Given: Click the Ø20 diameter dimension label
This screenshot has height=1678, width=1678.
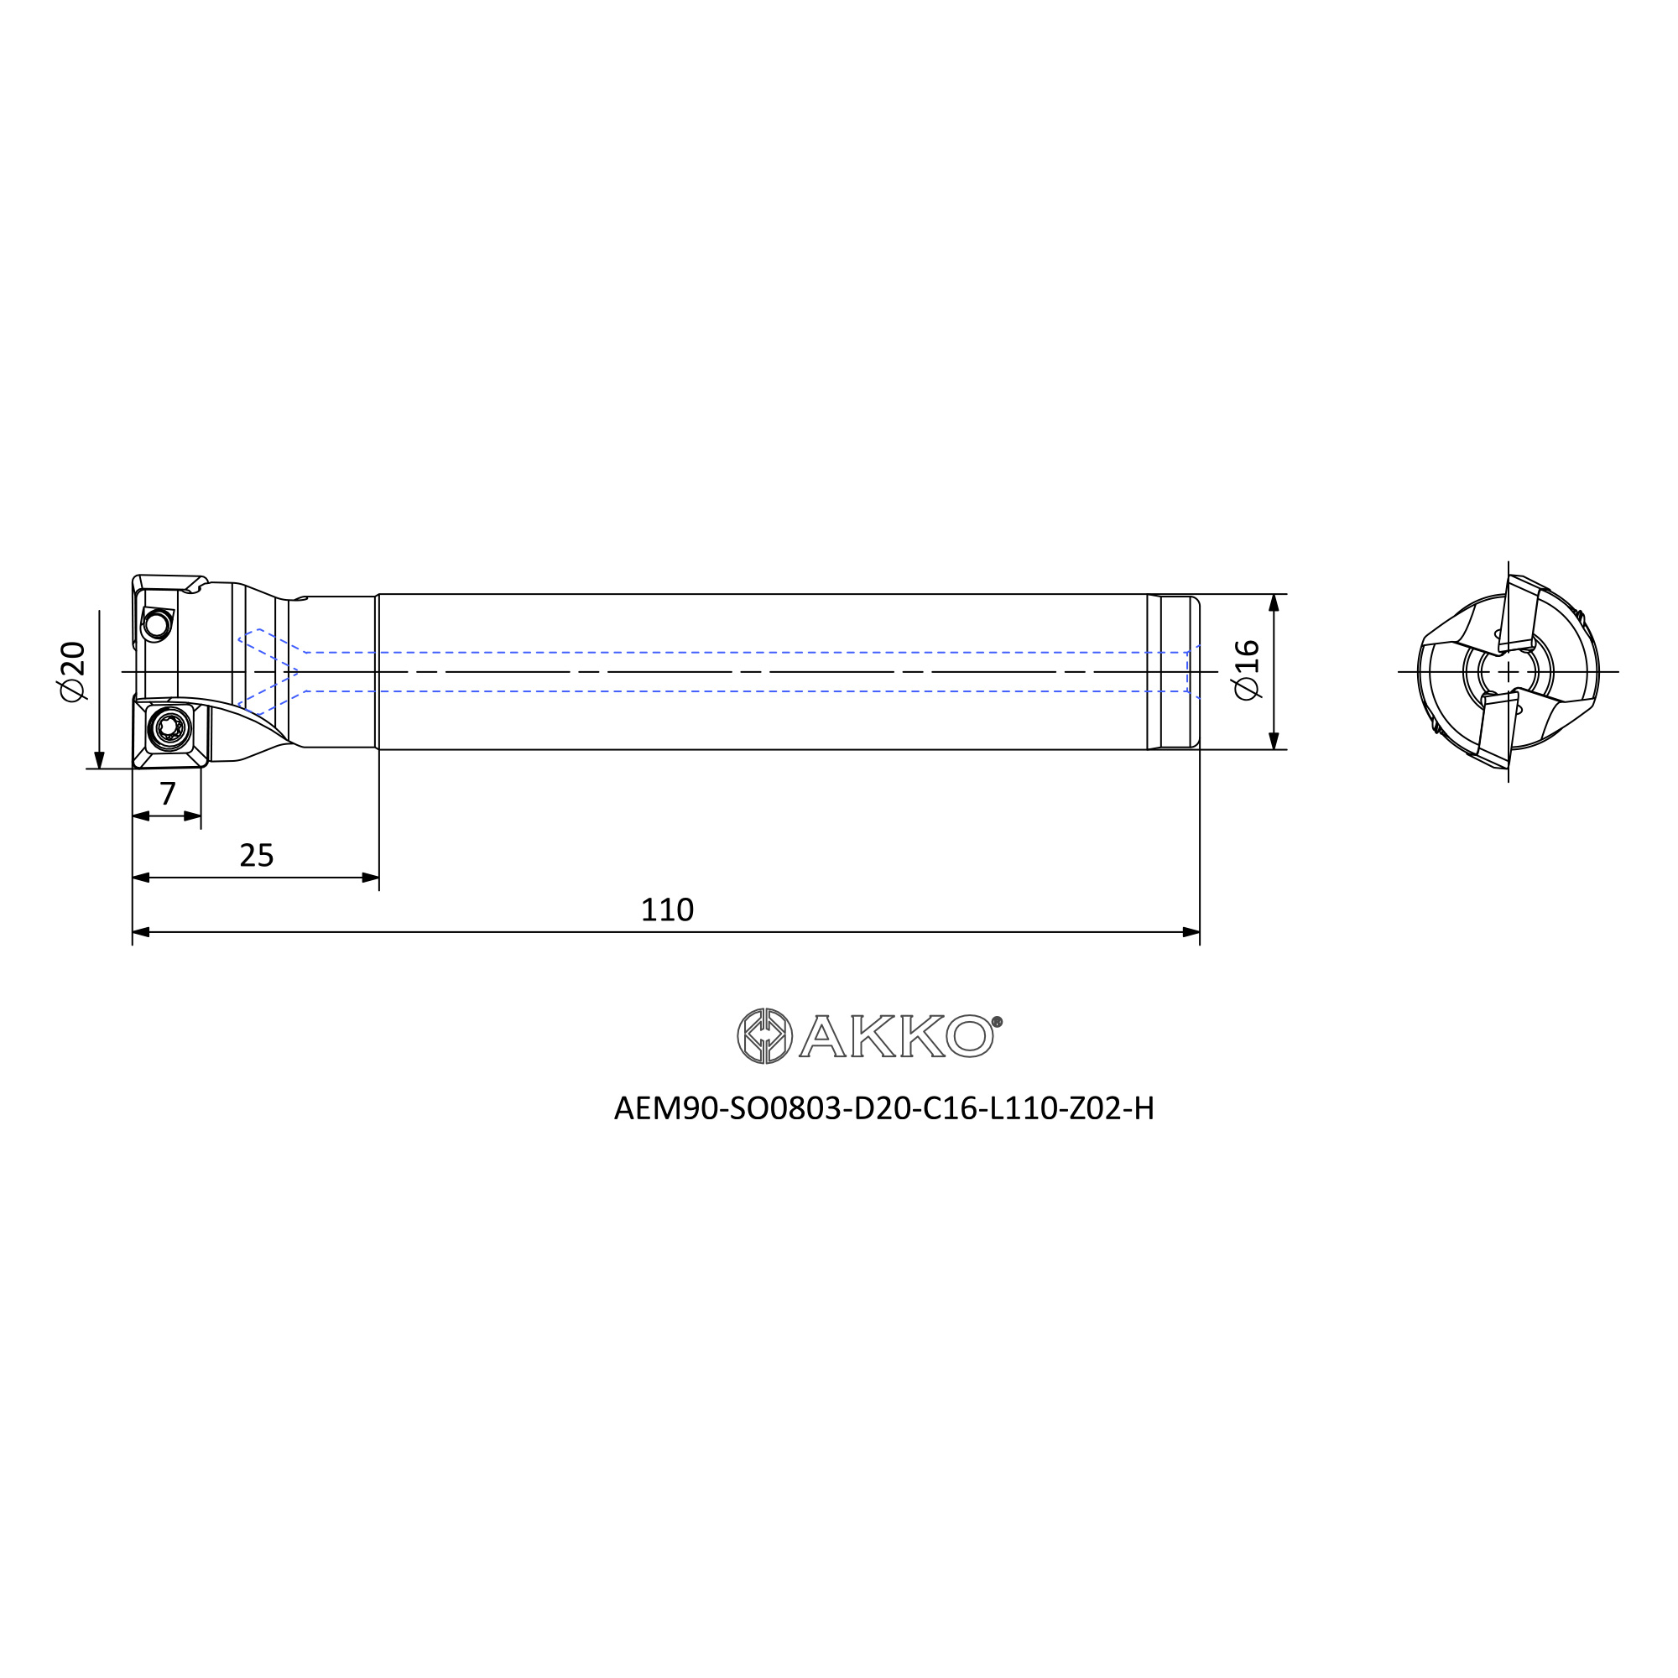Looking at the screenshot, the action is [73, 671].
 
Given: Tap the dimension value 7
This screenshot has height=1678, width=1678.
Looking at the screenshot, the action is [168, 793].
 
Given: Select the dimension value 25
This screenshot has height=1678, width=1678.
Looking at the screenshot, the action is [256, 856].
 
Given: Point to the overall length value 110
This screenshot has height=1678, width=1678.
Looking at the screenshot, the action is [667, 909].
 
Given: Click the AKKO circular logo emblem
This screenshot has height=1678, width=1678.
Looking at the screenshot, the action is [764, 1035].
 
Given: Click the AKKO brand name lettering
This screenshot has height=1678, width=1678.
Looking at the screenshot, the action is [895, 1036].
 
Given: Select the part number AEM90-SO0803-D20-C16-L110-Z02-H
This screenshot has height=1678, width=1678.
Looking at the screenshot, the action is [884, 1108].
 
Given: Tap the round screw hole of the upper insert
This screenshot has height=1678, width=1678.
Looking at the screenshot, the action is [157, 624].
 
